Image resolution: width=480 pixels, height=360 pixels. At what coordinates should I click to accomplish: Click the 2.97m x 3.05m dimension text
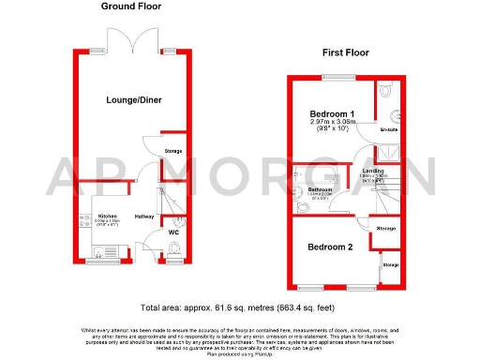tap(331, 124)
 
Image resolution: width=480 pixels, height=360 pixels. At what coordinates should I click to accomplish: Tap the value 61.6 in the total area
tap(232, 307)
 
